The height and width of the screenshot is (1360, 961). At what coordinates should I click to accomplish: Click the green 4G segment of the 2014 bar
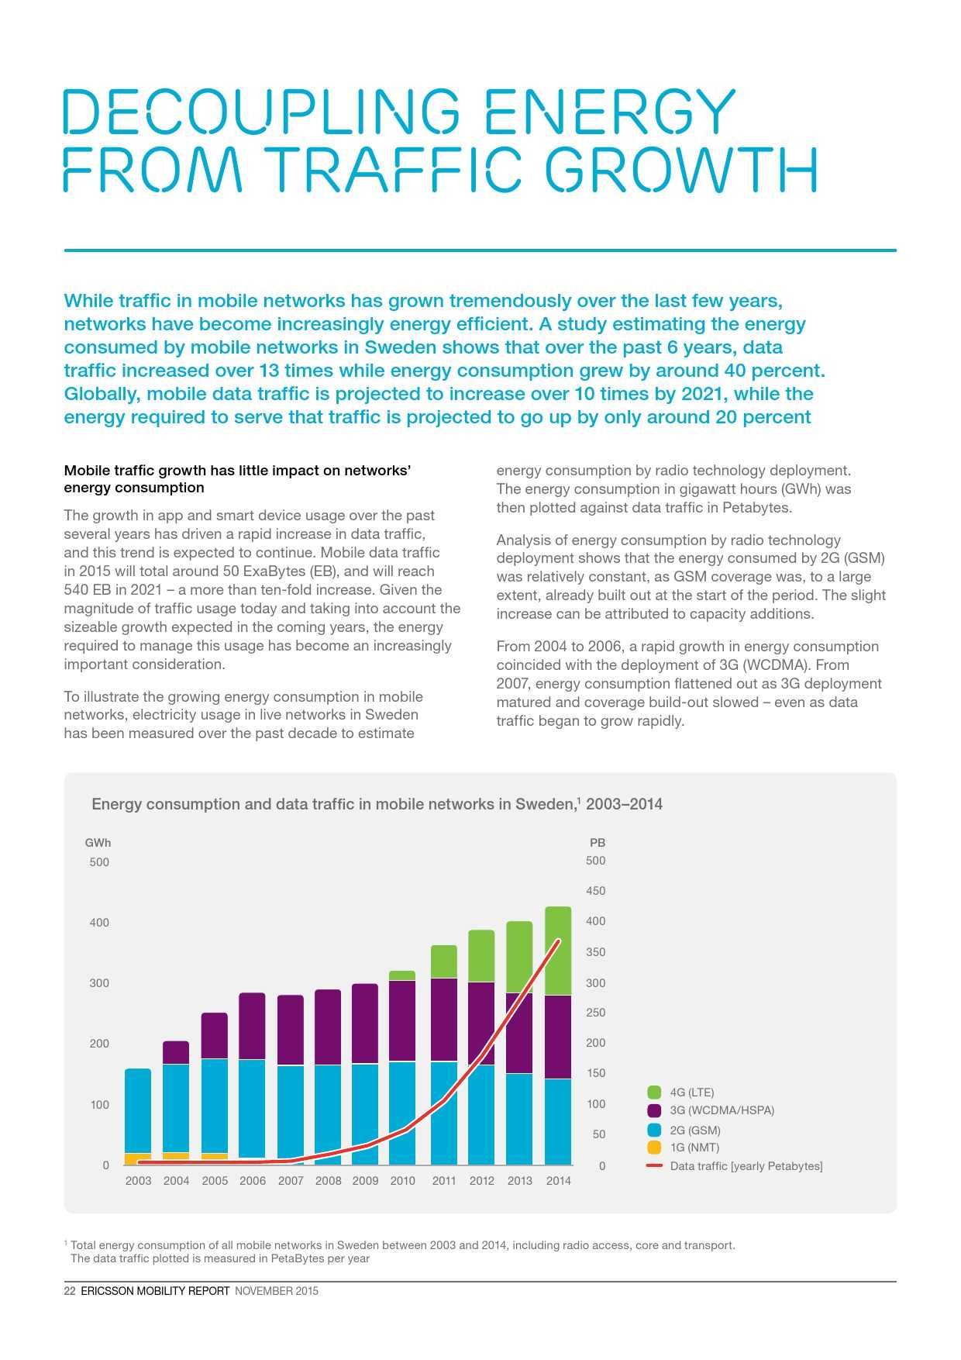(558, 951)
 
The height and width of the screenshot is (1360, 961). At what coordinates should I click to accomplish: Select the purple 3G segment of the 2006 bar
(252, 1026)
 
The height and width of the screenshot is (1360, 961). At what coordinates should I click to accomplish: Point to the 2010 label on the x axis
(402, 1181)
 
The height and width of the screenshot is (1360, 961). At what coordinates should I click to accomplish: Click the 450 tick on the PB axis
(595, 891)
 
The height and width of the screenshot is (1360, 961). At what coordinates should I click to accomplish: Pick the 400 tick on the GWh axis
(99, 923)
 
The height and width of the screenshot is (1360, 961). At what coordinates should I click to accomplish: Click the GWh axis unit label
(98, 843)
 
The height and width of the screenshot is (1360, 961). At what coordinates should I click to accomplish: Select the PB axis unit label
(597, 843)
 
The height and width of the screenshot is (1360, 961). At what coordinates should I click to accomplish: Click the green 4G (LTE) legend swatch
(654, 1092)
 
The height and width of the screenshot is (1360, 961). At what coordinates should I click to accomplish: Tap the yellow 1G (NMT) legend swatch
(654, 1148)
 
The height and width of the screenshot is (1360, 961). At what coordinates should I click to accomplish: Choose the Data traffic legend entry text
(746, 1166)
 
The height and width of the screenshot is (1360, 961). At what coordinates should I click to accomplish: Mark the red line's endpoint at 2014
(558, 941)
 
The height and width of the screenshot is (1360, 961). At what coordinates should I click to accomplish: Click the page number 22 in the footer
(70, 1291)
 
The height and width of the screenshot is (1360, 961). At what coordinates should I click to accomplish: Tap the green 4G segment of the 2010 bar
(402, 975)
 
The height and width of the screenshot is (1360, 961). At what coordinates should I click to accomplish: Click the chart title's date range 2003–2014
(624, 804)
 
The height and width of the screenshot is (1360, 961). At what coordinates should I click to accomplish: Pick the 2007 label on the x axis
(291, 1181)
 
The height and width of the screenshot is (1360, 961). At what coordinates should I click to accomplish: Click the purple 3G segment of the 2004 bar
(176, 1052)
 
